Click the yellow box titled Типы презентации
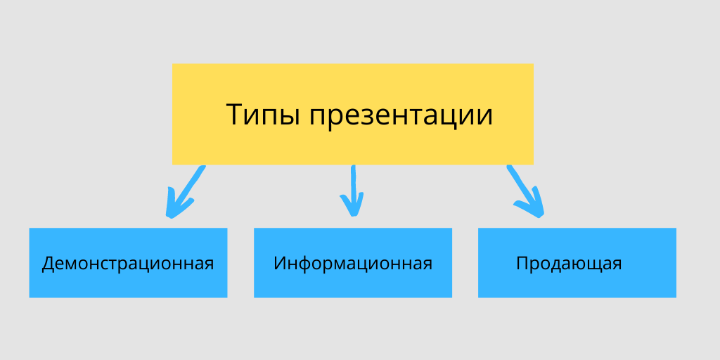pos(353,114)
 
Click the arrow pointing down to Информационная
pos(353,191)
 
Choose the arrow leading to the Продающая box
pos(526,191)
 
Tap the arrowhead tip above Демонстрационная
pos(170,216)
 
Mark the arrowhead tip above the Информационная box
pos(353,215)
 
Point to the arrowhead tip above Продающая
pos(541,216)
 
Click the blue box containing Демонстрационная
pos(128,263)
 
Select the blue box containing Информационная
pos(353,263)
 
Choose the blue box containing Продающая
pos(577,263)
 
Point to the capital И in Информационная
pos(280,263)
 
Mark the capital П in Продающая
pos(522,263)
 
